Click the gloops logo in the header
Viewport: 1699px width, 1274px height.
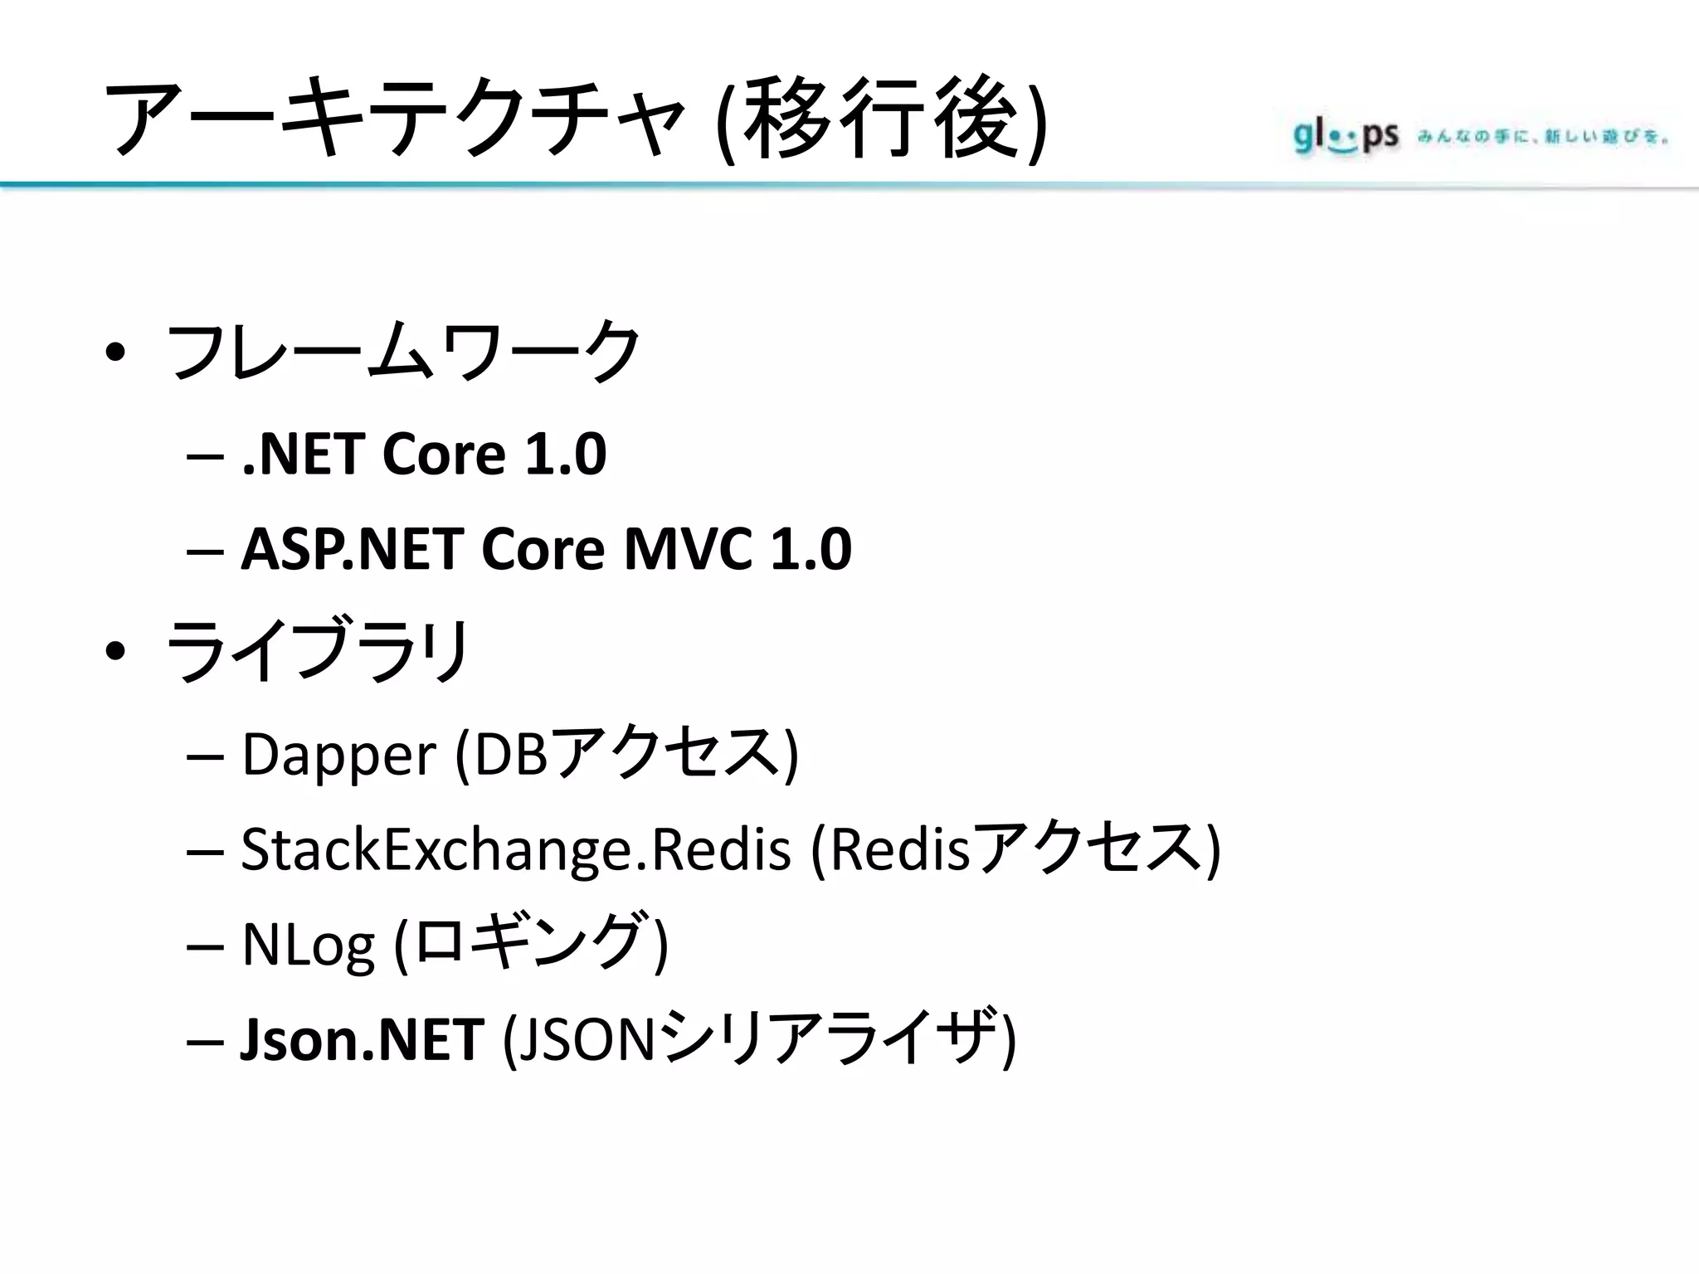(x=1345, y=136)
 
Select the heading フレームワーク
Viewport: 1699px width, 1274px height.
(x=404, y=352)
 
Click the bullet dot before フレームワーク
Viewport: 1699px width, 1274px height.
(x=115, y=353)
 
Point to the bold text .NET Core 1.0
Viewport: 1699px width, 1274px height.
(x=424, y=455)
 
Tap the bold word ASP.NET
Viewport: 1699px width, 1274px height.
(x=352, y=549)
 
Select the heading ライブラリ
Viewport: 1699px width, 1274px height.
(x=319, y=650)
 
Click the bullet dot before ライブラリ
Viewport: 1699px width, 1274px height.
(x=115, y=652)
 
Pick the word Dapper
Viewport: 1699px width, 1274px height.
(x=338, y=754)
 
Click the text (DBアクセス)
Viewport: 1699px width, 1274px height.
(x=627, y=754)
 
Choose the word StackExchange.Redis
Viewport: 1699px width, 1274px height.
(x=515, y=849)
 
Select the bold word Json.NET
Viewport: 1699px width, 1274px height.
(x=362, y=1039)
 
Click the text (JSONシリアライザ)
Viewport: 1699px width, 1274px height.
(x=759, y=1039)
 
